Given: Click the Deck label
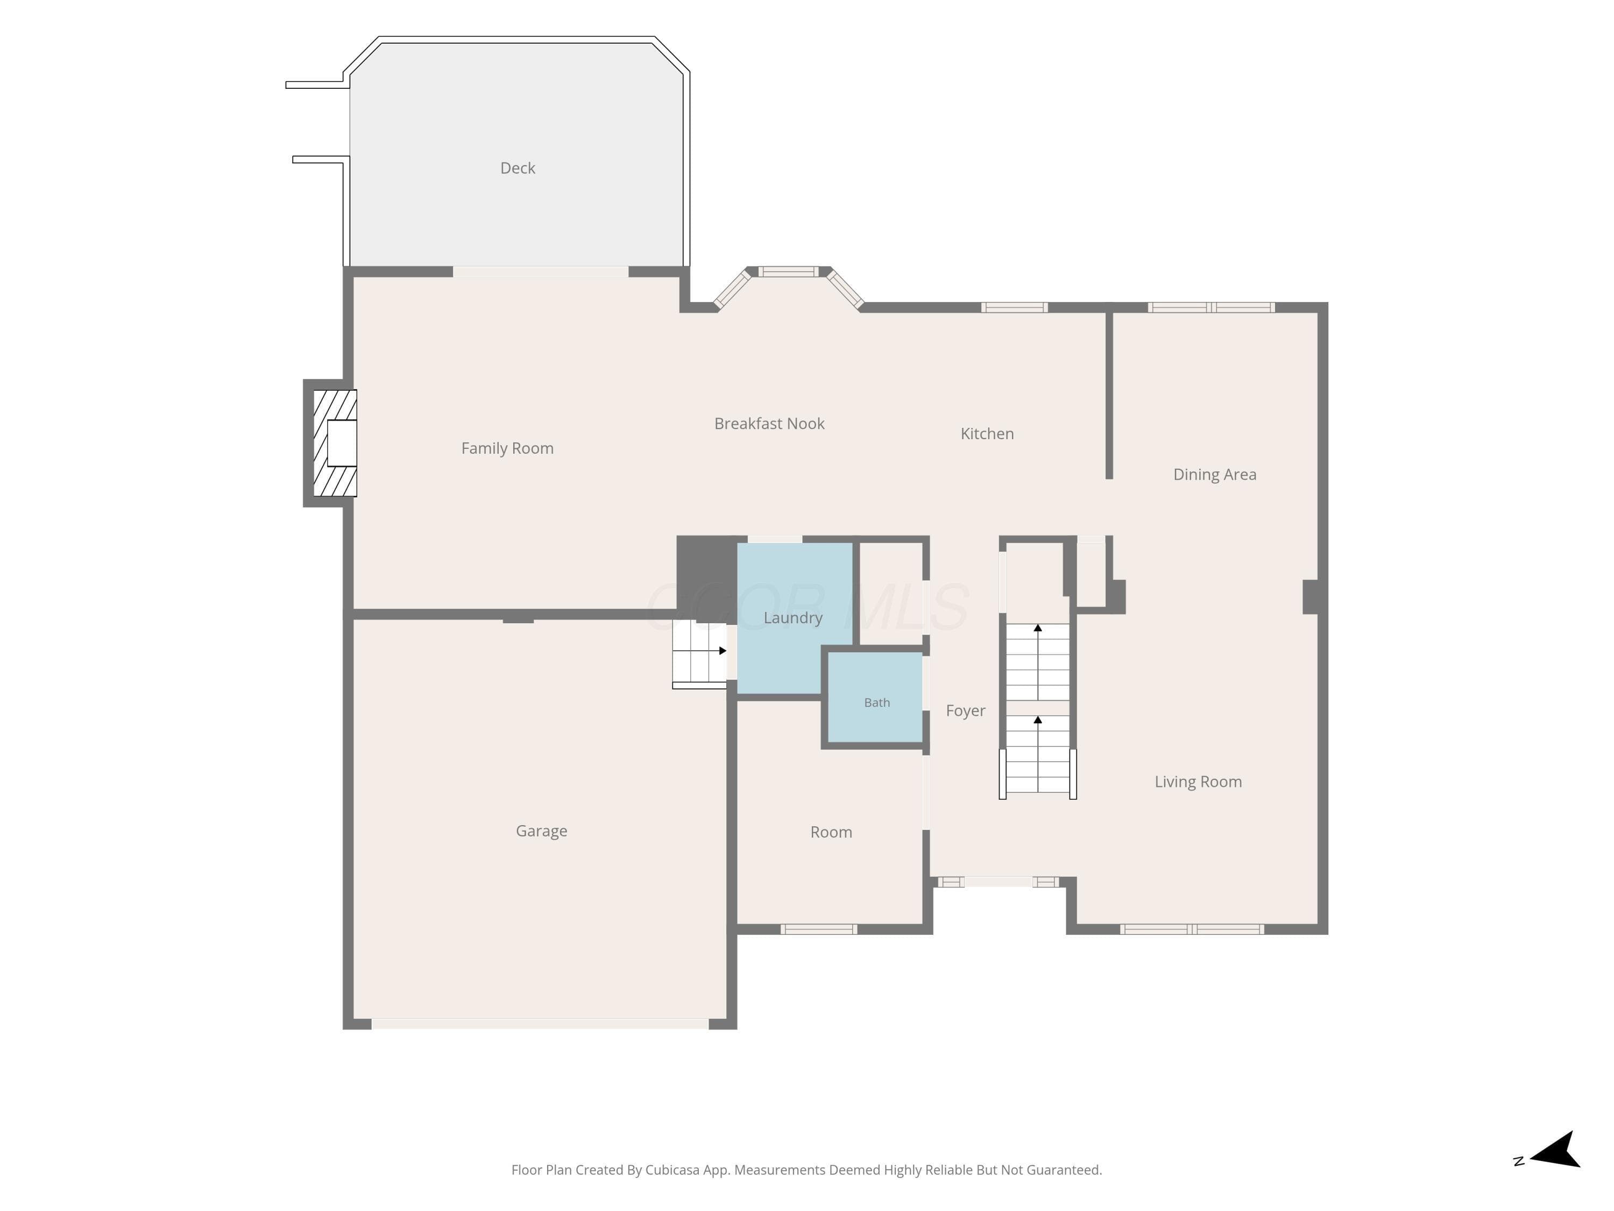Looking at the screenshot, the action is point(518,168).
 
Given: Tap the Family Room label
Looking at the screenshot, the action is point(507,448).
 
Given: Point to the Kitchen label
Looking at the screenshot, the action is point(987,434).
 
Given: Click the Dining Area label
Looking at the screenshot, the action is point(1215,475).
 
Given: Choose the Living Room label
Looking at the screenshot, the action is point(1198,782).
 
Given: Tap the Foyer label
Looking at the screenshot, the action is point(965,711).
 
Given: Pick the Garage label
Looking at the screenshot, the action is point(541,830).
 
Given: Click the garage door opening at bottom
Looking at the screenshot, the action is point(540,1024).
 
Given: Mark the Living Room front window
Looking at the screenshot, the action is point(1192,929).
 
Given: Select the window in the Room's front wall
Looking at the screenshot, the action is point(819,929).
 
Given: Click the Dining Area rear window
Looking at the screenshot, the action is point(1211,307).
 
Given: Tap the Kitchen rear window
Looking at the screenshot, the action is point(1014,307).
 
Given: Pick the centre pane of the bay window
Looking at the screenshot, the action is point(788,272).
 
